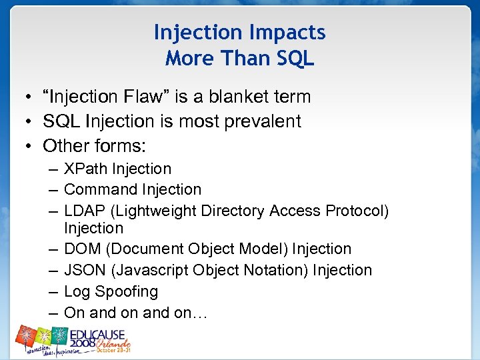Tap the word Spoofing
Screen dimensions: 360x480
tap(127, 292)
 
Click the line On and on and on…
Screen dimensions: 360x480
tap(135, 313)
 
